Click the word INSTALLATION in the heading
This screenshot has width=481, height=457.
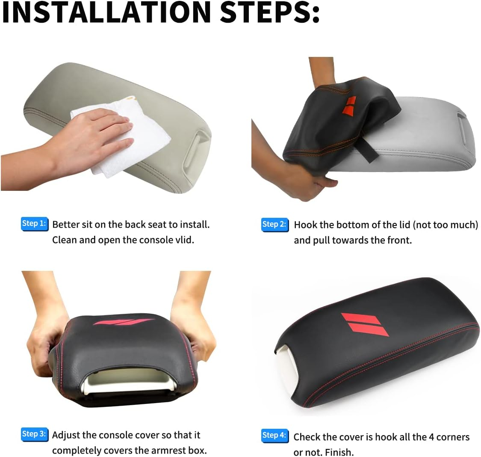coord(106,12)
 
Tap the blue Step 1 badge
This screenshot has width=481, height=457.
coord(34,224)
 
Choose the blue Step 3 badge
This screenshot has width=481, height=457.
coord(35,434)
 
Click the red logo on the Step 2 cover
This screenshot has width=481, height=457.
coord(349,106)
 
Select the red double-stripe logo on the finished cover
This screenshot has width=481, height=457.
coord(365,324)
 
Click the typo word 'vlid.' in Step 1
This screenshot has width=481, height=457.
coord(185,240)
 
